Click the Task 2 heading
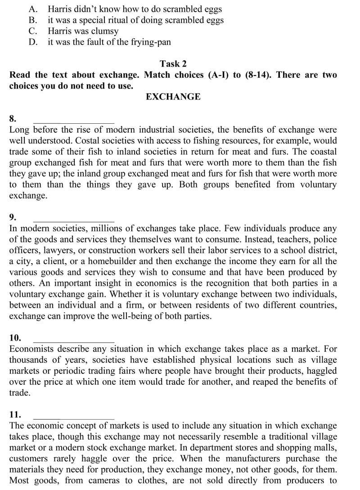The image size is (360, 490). [x=173, y=64]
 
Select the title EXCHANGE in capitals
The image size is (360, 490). [x=173, y=97]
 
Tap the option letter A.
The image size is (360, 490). [x=32, y=9]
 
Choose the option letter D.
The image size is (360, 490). [x=32, y=42]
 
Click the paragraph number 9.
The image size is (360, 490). [x=13, y=218]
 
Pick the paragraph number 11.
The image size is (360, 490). [x=14, y=414]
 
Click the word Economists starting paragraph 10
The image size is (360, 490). [x=31, y=349]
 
